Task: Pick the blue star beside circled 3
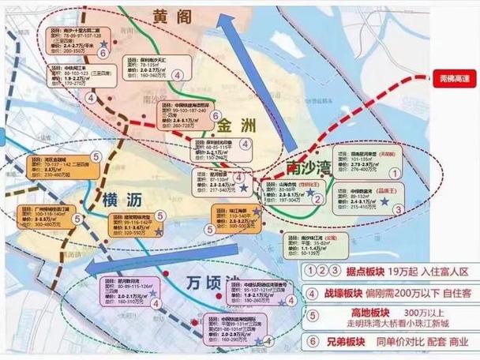(384, 203)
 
